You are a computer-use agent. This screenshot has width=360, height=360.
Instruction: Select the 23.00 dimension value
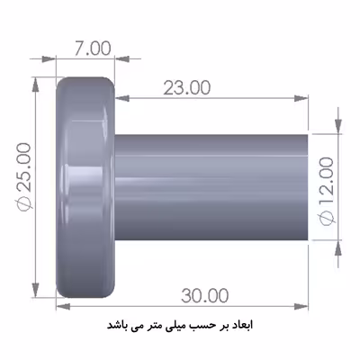[186, 88]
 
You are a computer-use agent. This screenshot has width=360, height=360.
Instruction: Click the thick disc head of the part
[85, 188]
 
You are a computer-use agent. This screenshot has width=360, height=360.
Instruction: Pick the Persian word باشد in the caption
[122, 323]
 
